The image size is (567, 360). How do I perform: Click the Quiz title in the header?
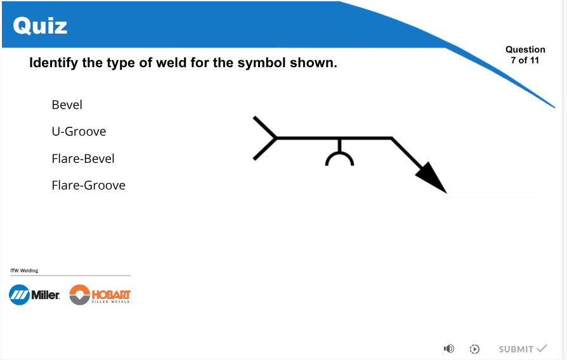pos(40,25)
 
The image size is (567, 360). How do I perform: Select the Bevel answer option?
pos(67,105)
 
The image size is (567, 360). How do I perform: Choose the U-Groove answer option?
pos(79,132)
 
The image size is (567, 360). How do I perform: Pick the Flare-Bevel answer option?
pos(83,158)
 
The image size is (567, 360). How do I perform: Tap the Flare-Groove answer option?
pos(89,185)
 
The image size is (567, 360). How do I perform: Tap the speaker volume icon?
pos(449,349)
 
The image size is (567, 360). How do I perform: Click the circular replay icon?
pos(474,349)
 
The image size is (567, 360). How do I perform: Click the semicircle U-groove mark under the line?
pos(339,153)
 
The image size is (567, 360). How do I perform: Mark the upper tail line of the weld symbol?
pos(265,127)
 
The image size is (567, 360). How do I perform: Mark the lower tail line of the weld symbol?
pos(265,148)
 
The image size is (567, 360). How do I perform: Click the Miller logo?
pos(34,295)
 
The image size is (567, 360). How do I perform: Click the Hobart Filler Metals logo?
pos(100,295)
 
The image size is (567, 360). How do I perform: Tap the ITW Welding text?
pos(24,271)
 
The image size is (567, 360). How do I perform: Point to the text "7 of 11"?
pos(525,60)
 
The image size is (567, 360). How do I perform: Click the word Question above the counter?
pos(525,49)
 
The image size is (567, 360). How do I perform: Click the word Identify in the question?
pos(53,63)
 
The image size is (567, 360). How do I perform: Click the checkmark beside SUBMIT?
pos(542,348)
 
